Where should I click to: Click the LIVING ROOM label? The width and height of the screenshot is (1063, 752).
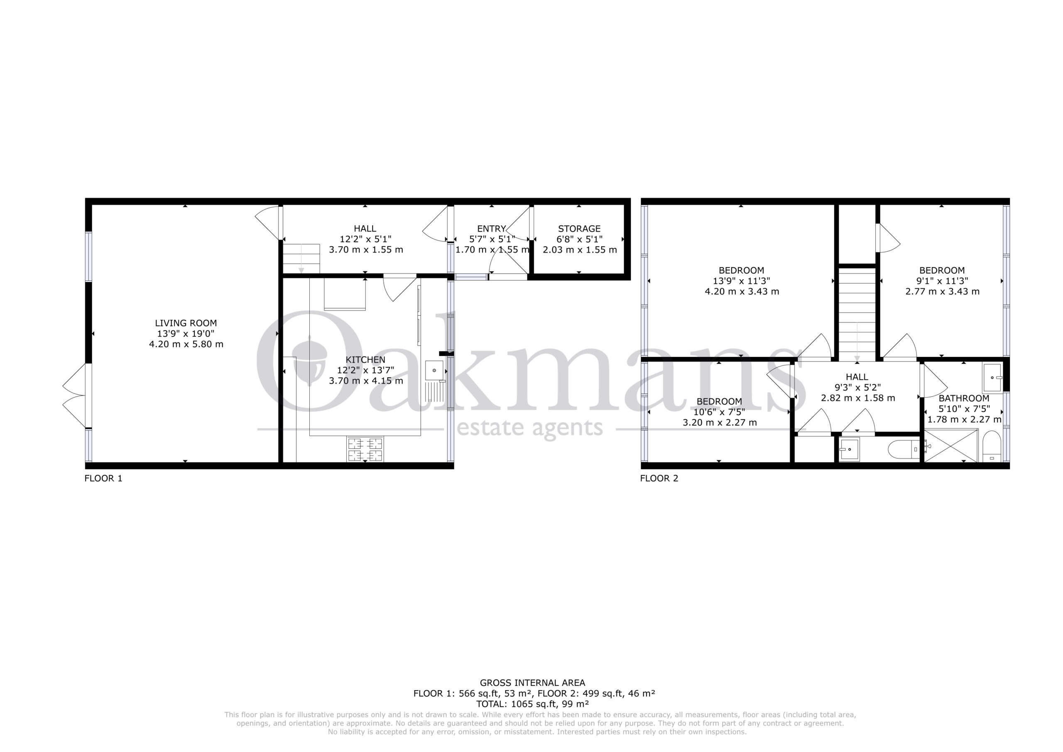[x=186, y=323]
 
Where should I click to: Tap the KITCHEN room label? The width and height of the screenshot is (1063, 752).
[x=365, y=359]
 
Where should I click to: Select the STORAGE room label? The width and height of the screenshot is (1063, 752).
[x=579, y=229]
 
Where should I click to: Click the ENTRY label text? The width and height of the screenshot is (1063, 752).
[x=491, y=229]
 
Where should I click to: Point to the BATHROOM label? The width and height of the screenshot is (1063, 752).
[x=964, y=398]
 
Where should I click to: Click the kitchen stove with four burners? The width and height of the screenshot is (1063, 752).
[x=365, y=450]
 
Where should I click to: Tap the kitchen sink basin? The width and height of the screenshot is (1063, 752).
[x=434, y=370]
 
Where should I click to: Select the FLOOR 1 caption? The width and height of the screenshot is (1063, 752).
[x=103, y=479]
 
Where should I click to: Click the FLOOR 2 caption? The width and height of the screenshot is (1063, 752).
[x=659, y=479]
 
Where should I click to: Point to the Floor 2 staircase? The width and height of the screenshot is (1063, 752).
[x=857, y=315]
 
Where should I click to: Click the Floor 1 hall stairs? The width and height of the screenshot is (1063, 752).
[x=301, y=258]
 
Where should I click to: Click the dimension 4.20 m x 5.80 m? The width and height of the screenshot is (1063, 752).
[x=186, y=345]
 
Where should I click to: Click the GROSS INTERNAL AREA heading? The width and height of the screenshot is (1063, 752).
[x=532, y=683]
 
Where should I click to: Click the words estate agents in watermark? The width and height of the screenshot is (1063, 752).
[x=530, y=428]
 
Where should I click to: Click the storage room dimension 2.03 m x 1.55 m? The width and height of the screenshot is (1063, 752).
[x=580, y=250]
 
